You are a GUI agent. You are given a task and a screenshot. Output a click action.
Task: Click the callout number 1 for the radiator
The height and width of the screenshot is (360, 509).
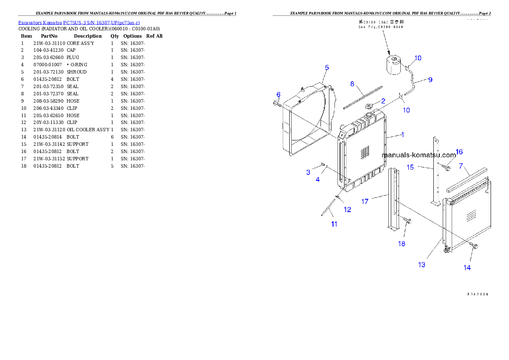(402, 135)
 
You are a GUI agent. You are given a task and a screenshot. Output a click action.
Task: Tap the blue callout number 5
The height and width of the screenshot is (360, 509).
(327, 68)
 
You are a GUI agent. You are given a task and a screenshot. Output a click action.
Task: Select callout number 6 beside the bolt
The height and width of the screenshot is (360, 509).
(278, 94)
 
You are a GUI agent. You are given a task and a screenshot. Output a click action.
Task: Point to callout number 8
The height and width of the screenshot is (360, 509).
(352, 84)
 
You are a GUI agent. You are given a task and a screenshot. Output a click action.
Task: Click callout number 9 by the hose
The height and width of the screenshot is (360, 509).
(430, 80)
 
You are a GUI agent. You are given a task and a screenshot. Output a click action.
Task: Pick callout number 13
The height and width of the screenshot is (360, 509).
(422, 265)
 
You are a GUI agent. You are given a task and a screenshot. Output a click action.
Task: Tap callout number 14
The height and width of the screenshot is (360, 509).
(467, 268)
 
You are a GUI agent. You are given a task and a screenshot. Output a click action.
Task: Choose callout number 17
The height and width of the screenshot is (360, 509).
(365, 201)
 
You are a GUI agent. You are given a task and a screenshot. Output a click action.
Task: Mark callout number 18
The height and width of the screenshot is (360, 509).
(402, 244)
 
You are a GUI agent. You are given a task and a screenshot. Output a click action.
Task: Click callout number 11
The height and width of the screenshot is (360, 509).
(334, 224)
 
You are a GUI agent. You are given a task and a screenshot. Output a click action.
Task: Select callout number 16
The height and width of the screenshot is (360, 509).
(459, 152)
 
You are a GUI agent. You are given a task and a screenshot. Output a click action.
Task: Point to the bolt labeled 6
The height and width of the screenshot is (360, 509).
(276, 103)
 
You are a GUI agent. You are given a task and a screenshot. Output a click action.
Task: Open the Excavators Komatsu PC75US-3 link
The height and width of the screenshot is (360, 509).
(79, 23)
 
